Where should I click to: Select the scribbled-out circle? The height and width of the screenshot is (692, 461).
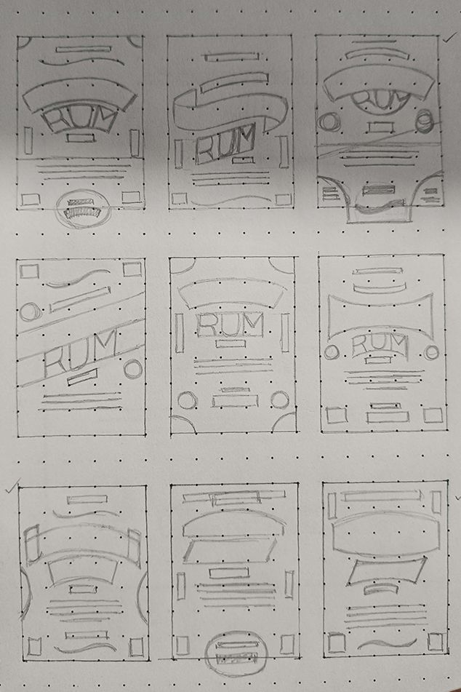tap(425, 121)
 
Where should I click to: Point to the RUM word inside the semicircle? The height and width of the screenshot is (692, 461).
tap(382, 100)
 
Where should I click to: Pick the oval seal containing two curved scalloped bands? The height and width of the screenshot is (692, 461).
tap(82, 207)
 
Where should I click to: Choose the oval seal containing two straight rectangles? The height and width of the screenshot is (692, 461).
tap(237, 653)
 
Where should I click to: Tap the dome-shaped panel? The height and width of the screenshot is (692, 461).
tap(233, 523)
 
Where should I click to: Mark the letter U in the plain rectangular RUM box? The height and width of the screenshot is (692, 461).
tap(230, 325)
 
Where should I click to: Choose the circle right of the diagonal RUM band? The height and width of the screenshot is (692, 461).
tap(133, 369)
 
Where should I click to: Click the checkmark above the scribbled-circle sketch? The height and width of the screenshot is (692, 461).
tap(449, 39)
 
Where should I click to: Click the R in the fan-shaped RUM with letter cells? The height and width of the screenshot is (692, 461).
tap(57, 121)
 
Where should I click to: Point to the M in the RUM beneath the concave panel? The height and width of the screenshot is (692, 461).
tap(397, 344)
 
